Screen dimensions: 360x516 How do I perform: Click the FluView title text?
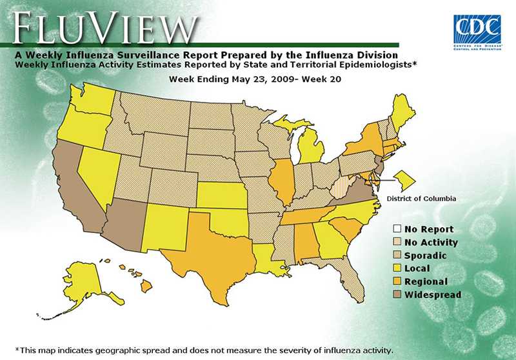click(x=103, y=26)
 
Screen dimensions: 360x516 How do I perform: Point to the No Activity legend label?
click(x=431, y=243)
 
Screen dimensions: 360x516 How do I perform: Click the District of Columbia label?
click(x=421, y=199)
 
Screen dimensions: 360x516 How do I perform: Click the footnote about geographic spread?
click(x=203, y=350)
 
